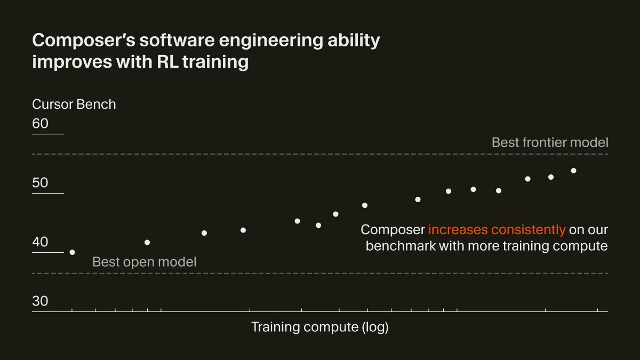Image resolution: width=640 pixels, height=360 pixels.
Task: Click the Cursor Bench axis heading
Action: coord(74,104)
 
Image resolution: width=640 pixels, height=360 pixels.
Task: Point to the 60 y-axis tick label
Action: coord(40,124)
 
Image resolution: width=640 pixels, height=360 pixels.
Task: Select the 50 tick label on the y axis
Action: coord(40,183)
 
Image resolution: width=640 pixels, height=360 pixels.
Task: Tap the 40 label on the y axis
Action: coord(40,242)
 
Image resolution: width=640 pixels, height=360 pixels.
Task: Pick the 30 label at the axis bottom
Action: coord(40,301)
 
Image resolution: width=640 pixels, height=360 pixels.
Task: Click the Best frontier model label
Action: coord(549,142)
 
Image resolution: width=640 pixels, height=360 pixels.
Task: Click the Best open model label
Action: coord(144,262)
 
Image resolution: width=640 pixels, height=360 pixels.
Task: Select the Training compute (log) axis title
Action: coord(319,327)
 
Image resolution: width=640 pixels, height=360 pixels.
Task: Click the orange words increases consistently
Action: coord(497,230)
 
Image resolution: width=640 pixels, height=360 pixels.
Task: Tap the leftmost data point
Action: coord(72,252)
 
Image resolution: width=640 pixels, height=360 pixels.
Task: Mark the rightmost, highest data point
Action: coord(574,171)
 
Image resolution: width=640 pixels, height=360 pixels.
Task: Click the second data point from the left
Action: coord(147,243)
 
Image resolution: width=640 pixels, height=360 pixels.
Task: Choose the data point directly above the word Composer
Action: coord(365,205)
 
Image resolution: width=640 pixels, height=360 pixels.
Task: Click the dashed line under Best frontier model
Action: coord(320,154)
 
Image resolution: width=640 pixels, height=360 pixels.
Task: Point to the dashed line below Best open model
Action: coord(320,274)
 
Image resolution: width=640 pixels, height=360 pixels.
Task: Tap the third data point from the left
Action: coord(204,233)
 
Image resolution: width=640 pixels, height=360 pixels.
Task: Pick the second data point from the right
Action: coord(551,177)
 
